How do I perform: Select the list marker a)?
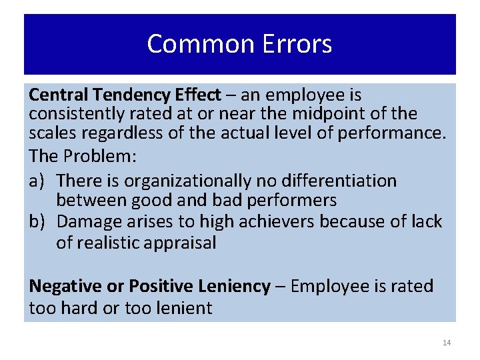37,181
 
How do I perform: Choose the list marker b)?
38,222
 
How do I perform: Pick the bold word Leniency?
232,287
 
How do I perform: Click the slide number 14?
447,343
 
